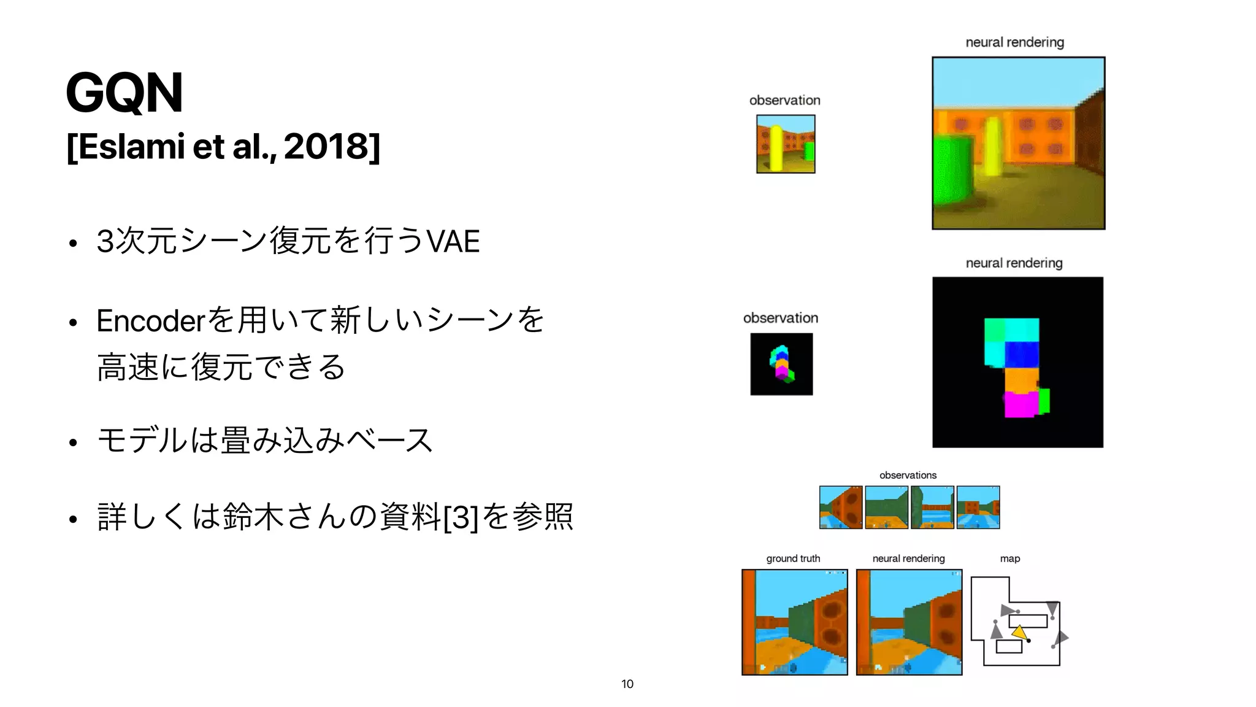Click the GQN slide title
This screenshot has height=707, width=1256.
[124, 93]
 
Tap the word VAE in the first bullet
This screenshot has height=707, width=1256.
[453, 241]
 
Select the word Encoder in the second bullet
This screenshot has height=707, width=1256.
[150, 321]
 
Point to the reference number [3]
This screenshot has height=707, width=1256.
[460, 517]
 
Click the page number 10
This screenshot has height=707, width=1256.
[627, 684]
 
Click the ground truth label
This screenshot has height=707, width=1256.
[793, 558]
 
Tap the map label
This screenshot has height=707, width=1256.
[1009, 558]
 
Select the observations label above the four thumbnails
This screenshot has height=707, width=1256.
[908, 475]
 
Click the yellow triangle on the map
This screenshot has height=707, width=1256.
[1019, 632]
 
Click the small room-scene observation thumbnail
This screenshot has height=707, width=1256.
[786, 144]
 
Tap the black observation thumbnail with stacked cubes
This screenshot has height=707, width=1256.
[781, 364]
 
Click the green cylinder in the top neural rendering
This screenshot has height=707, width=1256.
[952, 172]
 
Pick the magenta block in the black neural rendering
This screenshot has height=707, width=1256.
[1020, 404]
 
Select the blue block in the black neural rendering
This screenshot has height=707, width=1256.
[1022, 354]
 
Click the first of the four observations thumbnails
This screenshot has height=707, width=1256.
[841, 508]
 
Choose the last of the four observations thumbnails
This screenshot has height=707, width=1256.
[978, 508]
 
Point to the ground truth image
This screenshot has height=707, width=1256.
[795, 622]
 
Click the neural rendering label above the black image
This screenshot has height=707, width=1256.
[1014, 263]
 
